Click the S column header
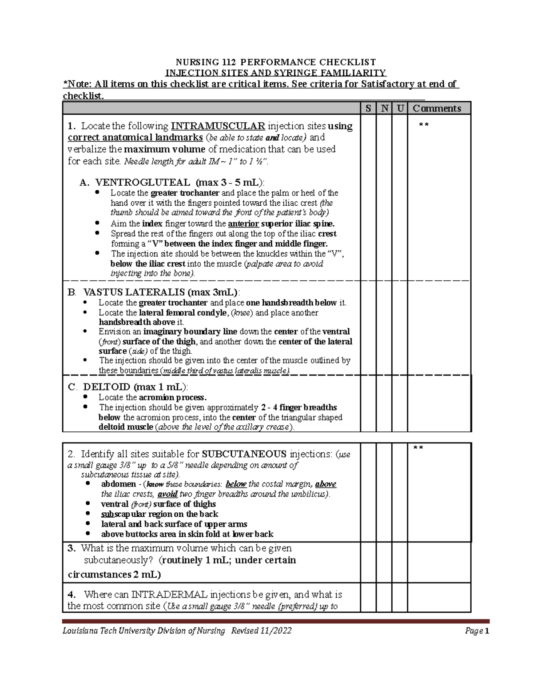coord(368,108)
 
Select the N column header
coord(384,108)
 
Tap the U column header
coord(400,108)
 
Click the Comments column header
coord(437,108)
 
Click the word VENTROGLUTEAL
coord(143,183)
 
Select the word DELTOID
coord(107,387)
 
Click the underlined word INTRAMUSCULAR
coord(218,126)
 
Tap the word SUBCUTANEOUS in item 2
coord(244,454)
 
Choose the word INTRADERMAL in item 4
coord(169,594)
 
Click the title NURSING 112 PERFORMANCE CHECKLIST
coord(275,62)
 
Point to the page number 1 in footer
coord(487,631)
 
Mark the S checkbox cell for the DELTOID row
coord(368,403)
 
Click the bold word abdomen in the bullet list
coord(119,484)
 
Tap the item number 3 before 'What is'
coord(71,548)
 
